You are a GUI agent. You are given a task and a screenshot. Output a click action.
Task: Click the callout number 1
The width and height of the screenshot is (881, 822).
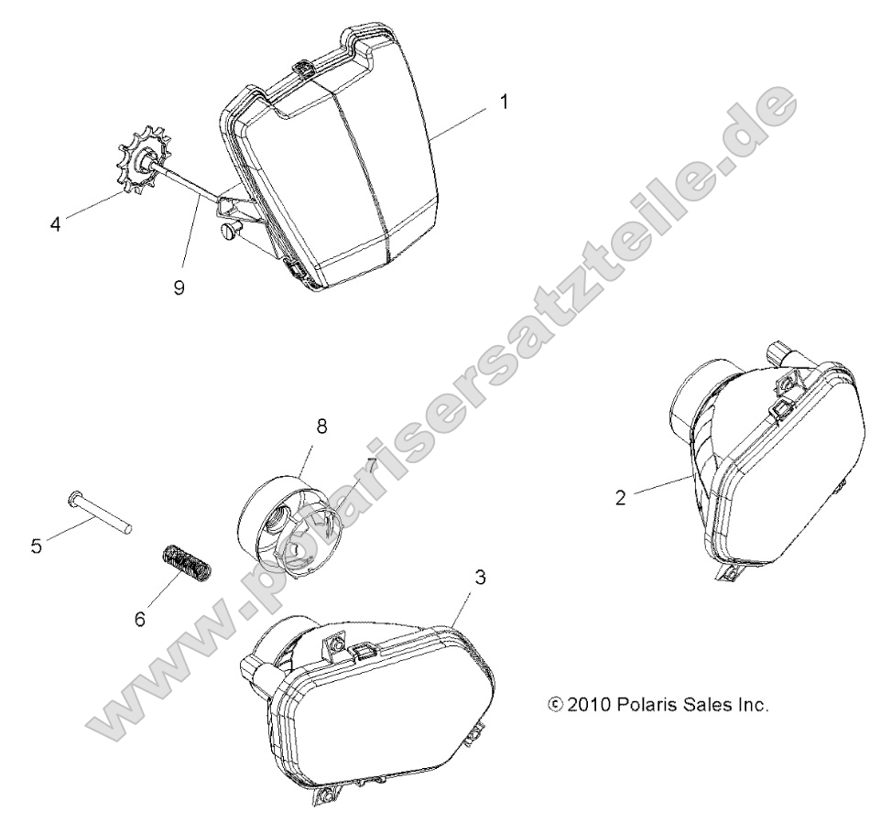point(504,103)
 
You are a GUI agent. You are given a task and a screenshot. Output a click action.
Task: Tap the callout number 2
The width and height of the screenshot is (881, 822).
point(620,497)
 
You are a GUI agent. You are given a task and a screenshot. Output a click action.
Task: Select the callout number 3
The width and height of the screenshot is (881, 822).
point(480,578)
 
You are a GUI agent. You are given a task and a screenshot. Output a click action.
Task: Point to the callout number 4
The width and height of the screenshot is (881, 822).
point(55,224)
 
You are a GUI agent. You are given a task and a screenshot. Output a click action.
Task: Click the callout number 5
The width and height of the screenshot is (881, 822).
point(37,546)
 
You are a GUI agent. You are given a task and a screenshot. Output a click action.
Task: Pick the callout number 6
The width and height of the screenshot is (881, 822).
point(139,619)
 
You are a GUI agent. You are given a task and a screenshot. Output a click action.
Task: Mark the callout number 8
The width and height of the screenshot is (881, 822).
point(321,427)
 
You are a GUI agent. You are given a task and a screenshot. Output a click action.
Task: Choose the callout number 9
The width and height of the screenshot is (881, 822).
point(179,287)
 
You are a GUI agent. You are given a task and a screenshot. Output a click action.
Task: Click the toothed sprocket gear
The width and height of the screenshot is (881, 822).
point(141,159)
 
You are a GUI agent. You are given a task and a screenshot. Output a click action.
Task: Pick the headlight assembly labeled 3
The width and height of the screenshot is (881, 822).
point(372,701)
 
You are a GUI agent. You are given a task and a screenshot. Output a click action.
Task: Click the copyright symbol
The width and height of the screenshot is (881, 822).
point(555,704)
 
